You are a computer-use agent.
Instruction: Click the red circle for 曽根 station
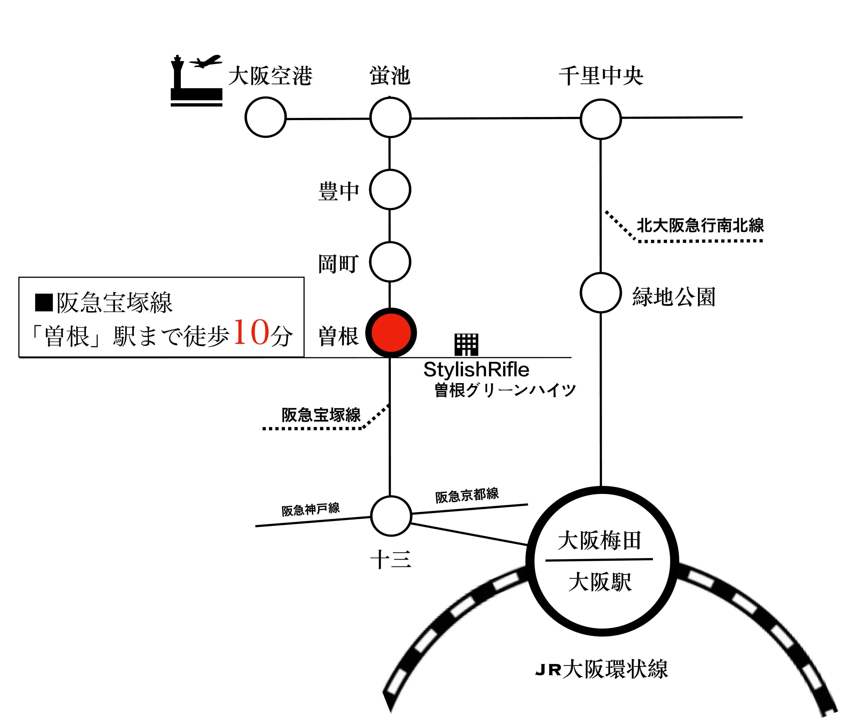coord(391,333)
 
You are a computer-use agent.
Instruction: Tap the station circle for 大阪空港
coord(265,117)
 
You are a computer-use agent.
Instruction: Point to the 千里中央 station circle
coord(600,119)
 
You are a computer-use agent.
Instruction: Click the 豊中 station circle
coord(390,189)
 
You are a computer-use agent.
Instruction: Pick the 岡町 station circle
coord(390,262)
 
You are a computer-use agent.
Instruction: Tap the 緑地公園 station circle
coord(600,293)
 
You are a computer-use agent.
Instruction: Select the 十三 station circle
coord(391,516)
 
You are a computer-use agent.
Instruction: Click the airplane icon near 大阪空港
coord(206,62)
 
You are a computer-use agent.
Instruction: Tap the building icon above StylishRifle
coord(466,345)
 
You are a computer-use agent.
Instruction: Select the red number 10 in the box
coord(251,332)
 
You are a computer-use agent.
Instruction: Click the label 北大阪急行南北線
coord(700,225)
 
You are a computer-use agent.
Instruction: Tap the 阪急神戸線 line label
coord(310,509)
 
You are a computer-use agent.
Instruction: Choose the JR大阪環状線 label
coord(601,669)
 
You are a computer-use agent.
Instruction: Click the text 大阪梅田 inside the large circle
coord(599,540)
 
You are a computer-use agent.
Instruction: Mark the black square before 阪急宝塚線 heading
coord(44,302)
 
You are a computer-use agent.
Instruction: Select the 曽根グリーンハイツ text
coord(505,390)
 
